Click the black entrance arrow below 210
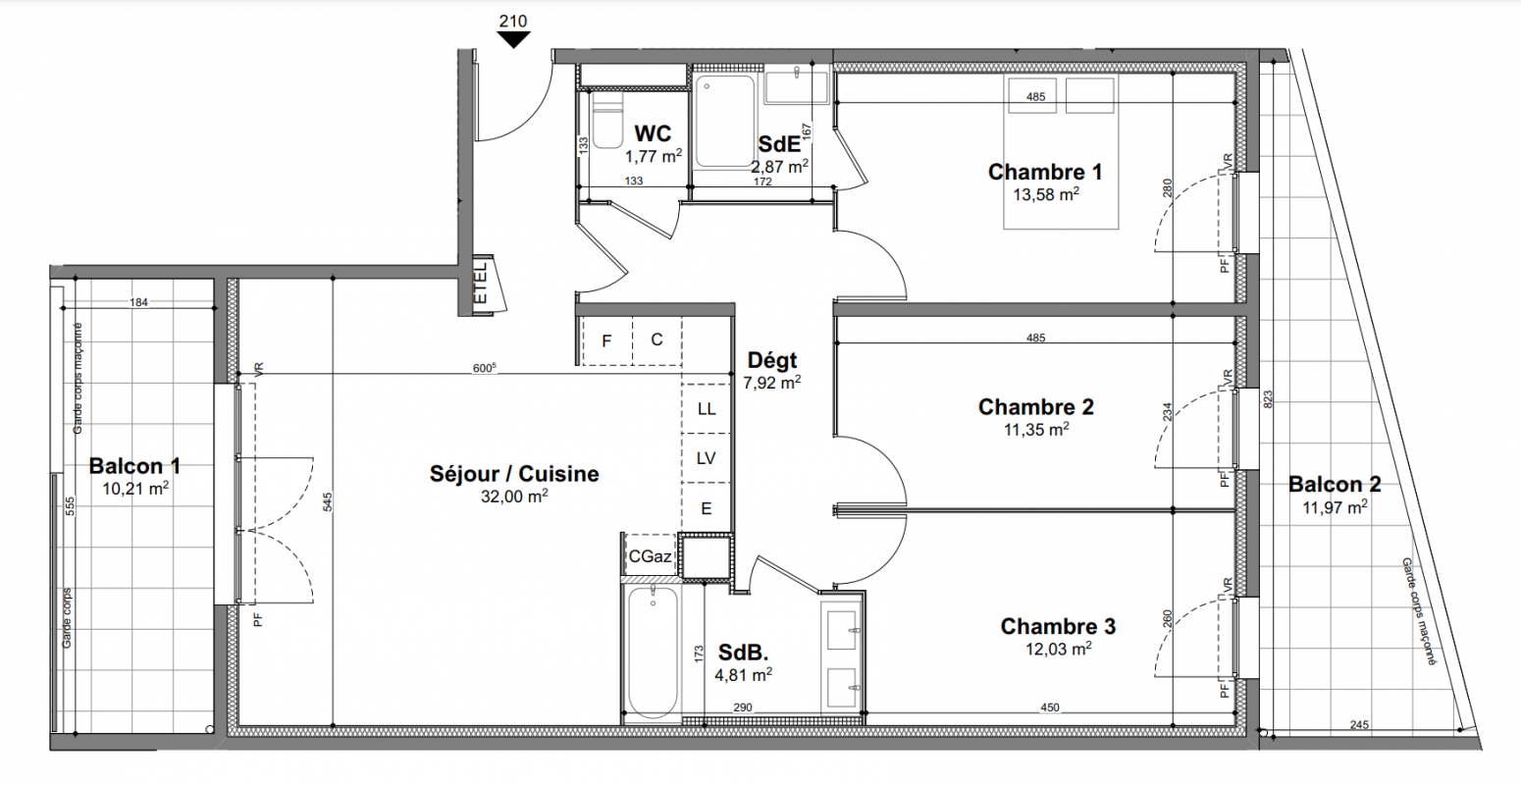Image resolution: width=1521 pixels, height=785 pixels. point(513,39)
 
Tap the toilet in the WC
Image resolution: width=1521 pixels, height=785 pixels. point(607,120)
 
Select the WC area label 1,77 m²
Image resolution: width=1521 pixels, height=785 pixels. point(654,157)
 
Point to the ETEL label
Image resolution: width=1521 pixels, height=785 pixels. point(480,284)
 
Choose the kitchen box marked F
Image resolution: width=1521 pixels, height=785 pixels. point(607,340)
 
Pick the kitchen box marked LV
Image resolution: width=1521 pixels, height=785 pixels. point(707,458)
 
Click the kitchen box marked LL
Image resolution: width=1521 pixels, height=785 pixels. point(707,409)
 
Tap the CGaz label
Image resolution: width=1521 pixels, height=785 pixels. point(650,556)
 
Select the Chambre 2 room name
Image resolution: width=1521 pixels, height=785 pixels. point(1036,407)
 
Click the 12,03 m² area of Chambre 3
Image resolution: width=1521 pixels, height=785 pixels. point(1058,650)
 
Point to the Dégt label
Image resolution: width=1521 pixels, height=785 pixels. point(772,360)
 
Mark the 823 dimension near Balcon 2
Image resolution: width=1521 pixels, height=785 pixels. point(1268,399)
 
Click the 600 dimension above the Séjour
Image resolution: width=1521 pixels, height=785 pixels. point(484,368)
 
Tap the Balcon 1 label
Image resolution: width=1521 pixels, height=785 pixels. point(134,466)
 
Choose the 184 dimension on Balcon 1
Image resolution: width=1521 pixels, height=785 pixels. point(138,302)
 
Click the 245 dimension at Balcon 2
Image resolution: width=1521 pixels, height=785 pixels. point(1359,724)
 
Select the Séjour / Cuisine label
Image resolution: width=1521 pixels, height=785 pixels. point(514,474)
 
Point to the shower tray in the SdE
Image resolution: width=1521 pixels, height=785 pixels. point(724,121)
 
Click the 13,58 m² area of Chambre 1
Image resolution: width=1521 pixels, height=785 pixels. point(1046,195)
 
